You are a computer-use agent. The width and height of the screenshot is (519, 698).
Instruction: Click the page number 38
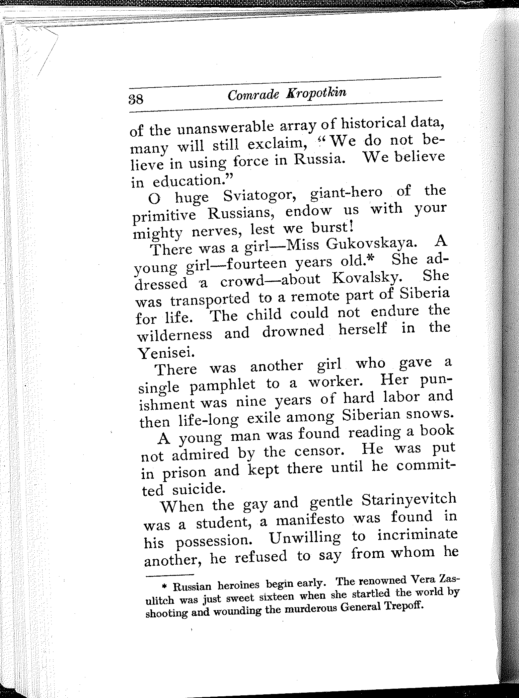[136, 99]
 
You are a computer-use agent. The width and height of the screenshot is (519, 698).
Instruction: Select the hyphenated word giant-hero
[345, 193]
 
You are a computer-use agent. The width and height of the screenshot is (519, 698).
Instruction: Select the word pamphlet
[223, 385]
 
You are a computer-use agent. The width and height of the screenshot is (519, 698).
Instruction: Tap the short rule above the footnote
[169, 574]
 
